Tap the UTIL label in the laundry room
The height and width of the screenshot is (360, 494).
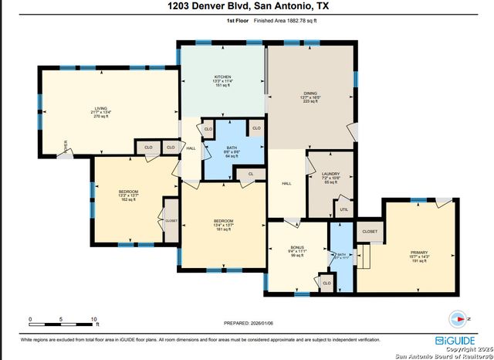[343, 209]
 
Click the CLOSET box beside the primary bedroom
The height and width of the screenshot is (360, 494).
[369, 231]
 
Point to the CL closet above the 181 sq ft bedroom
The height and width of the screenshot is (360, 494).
[251, 175]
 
